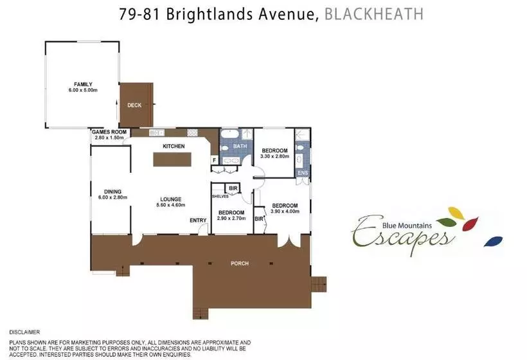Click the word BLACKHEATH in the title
(374, 14)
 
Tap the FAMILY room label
(83, 84)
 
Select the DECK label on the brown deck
(134, 105)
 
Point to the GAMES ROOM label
(109, 132)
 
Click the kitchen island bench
(172, 159)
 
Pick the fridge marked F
(215, 160)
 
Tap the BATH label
(240, 146)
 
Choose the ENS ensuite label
(303, 173)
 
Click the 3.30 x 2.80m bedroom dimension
(274, 156)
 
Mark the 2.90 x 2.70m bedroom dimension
(231, 218)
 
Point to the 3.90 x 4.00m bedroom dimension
(285, 212)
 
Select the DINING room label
(112, 192)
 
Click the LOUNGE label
(171, 199)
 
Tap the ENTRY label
(198, 220)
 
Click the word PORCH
(240, 264)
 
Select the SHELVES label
(220, 196)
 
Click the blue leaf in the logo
(493, 241)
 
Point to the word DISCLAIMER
(24, 332)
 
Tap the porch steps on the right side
(319, 284)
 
